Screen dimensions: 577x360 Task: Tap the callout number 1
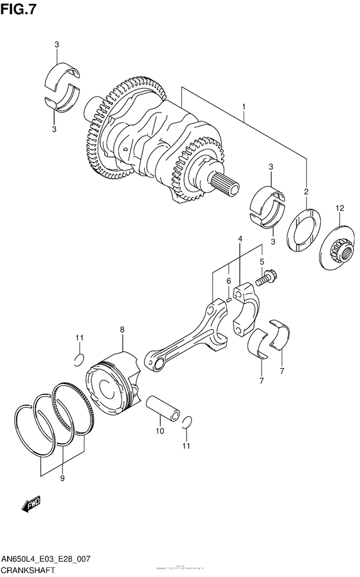[x=245, y=107]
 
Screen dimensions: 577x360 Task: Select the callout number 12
[x=340, y=208]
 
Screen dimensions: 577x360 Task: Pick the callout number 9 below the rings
[x=63, y=478]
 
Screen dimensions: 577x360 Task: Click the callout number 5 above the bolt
[x=262, y=262]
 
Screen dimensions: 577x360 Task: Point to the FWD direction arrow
[x=32, y=506]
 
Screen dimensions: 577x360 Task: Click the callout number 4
[x=240, y=239]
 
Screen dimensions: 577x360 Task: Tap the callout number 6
[x=228, y=281]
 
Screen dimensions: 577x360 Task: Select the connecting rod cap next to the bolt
[x=247, y=309]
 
